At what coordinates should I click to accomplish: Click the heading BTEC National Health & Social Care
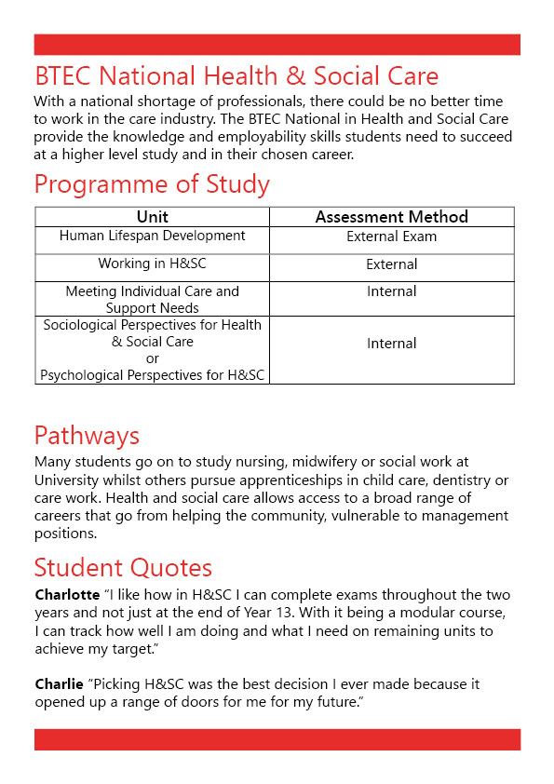[x=236, y=75]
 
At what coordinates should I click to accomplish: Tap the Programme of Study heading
[x=152, y=184]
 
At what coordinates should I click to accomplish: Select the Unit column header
[x=152, y=217]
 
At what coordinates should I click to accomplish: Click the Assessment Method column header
[x=391, y=217]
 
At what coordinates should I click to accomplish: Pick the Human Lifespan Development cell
[x=152, y=237]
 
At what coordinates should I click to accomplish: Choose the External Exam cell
[x=391, y=237]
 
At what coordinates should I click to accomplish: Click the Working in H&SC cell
[x=152, y=264]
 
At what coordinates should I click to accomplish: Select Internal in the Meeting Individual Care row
[x=391, y=291]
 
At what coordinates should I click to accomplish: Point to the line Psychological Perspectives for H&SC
[x=152, y=375]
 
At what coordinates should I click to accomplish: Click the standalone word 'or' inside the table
[x=152, y=358]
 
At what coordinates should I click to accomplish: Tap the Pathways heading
[x=87, y=436]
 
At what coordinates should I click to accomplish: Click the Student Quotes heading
[x=123, y=567]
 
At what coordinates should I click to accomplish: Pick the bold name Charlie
[x=59, y=684]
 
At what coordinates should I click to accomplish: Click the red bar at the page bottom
[x=277, y=739]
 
